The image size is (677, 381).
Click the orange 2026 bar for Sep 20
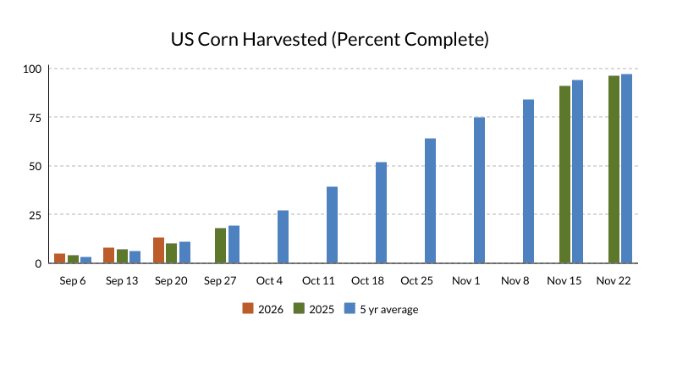(158, 250)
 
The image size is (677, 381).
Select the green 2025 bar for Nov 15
(564, 174)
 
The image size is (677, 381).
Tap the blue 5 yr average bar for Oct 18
(382, 213)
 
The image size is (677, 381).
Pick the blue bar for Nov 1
(479, 190)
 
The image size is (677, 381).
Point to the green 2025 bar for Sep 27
(221, 246)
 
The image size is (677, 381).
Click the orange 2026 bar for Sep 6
(59, 258)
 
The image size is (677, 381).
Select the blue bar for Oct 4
(283, 237)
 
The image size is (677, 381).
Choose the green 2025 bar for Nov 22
(614, 169)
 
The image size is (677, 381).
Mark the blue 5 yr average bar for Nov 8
(528, 181)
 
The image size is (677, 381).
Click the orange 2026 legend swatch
(248, 308)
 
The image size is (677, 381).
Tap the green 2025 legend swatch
(299, 308)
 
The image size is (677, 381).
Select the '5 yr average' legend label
(389, 309)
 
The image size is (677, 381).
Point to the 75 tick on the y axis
(35, 118)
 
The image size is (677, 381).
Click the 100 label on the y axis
(32, 69)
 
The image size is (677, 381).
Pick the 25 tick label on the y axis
(35, 215)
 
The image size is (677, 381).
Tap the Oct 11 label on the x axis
(318, 281)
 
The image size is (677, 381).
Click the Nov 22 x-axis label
(614, 281)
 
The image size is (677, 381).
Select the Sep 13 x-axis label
(122, 281)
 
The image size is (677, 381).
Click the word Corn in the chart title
(218, 39)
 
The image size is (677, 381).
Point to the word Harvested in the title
(284, 39)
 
